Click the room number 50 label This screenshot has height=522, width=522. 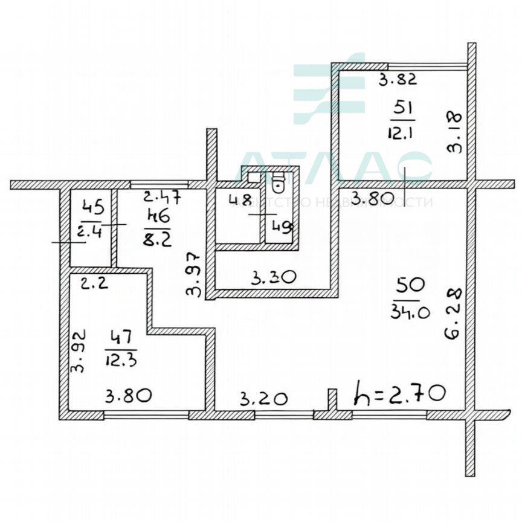coord(408,285)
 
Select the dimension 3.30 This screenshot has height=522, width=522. coord(273,279)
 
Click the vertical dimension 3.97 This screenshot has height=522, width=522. coord(194,273)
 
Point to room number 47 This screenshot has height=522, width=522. coord(121,337)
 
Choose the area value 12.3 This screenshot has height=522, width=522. coord(121,361)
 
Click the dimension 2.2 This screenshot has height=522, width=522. coord(95,283)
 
